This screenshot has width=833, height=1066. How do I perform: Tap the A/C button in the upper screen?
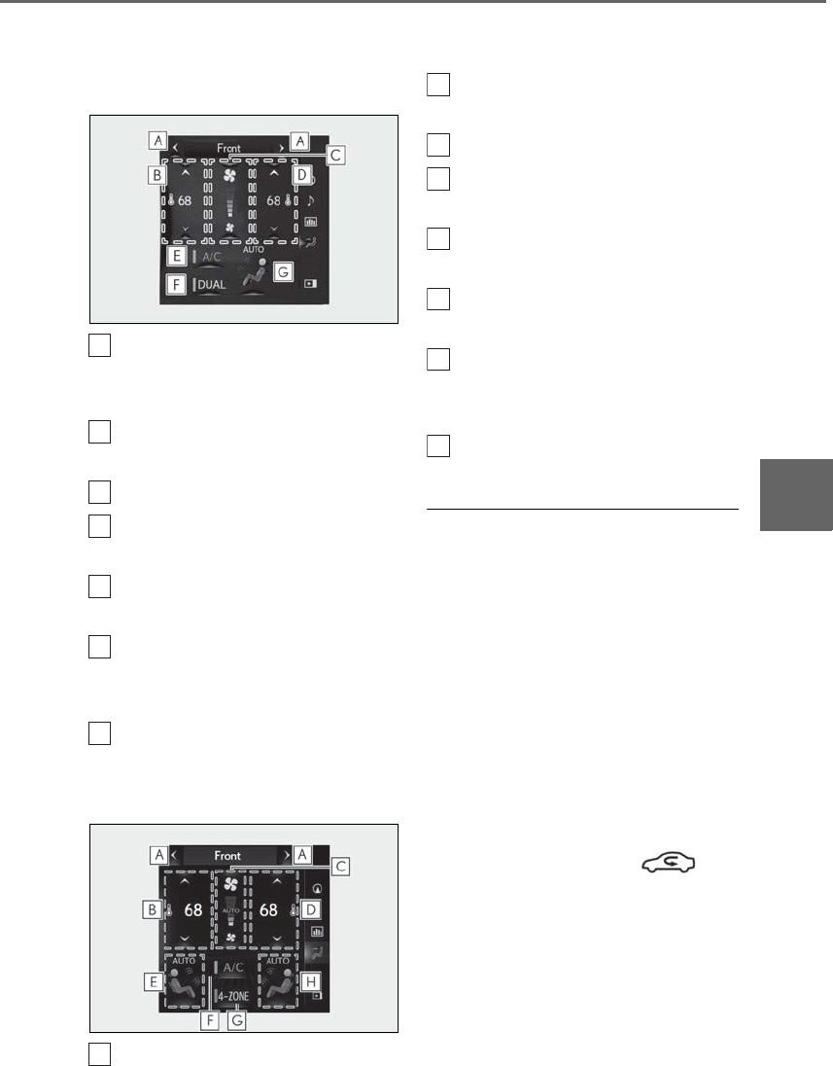click(212, 257)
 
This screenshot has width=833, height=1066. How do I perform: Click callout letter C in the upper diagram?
click(335, 154)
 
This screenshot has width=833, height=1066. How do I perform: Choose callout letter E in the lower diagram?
click(152, 982)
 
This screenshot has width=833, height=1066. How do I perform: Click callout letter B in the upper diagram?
click(155, 176)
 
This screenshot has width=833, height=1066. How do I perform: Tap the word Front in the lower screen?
click(228, 855)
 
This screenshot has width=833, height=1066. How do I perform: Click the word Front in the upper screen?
click(228, 149)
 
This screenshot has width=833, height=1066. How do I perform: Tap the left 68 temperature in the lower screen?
click(193, 911)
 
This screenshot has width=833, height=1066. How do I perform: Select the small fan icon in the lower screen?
click(230, 939)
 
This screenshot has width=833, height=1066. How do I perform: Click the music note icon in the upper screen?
click(311, 200)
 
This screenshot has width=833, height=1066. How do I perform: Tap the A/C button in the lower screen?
click(232, 969)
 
